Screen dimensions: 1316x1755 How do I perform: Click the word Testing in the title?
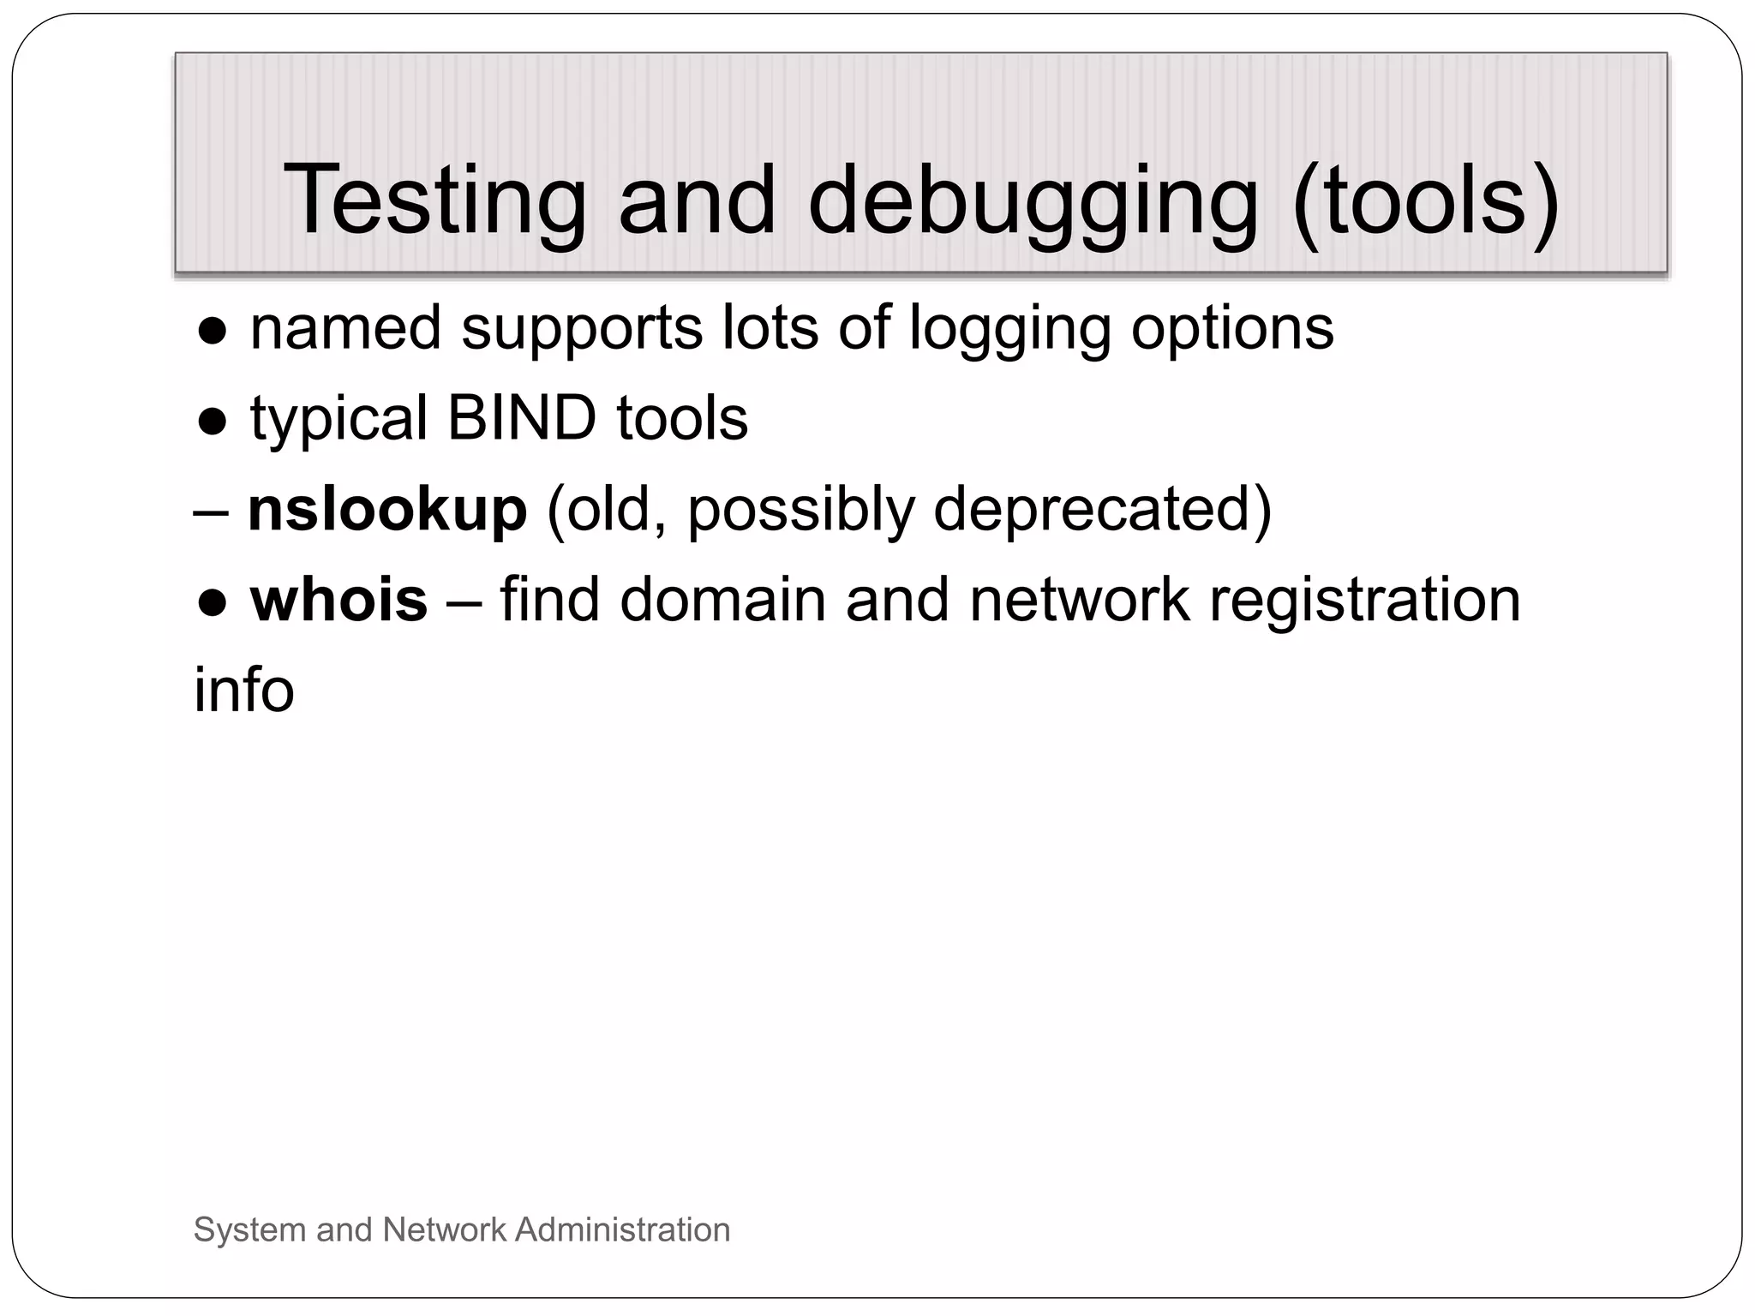(x=434, y=200)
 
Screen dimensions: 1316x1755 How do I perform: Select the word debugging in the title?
(x=1033, y=200)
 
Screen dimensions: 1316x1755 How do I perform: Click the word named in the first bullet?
(x=345, y=327)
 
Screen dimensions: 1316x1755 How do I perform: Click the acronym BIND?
(x=521, y=418)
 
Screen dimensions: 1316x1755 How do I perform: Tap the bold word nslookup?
(x=386, y=510)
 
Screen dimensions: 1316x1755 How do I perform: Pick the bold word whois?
(x=338, y=600)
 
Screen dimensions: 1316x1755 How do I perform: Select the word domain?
(x=722, y=600)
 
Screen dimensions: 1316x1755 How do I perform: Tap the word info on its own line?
(x=244, y=690)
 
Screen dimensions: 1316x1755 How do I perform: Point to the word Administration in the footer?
(x=622, y=1229)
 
